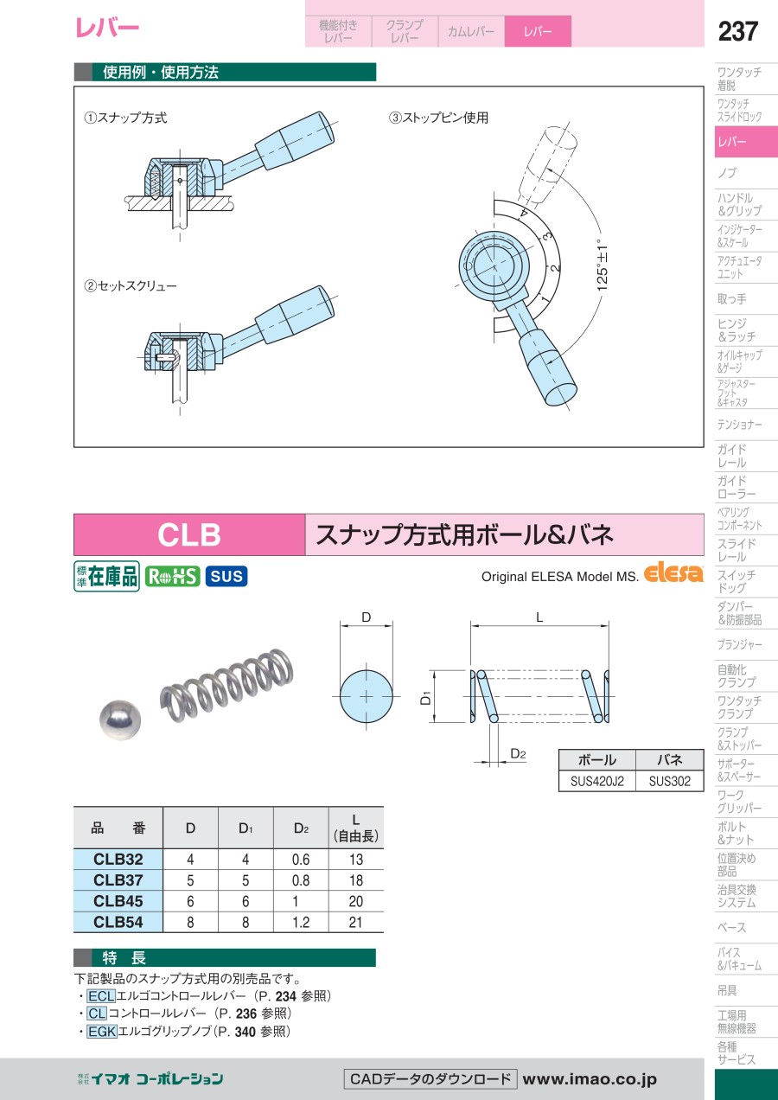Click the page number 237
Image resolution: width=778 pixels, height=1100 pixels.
(x=738, y=31)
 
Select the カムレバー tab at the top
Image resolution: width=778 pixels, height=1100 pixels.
(x=471, y=31)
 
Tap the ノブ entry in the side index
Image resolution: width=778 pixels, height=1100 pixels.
(x=728, y=173)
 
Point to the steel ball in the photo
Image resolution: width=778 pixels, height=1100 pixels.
(x=120, y=720)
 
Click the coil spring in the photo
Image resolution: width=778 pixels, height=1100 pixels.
(x=226, y=687)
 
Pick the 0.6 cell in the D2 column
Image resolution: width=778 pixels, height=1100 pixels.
(x=301, y=859)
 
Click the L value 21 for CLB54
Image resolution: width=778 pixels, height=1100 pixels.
(x=356, y=922)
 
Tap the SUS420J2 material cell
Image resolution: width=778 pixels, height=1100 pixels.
(x=596, y=781)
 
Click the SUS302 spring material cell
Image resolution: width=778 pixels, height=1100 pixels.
(x=670, y=781)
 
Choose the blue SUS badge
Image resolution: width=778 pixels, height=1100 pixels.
(x=226, y=576)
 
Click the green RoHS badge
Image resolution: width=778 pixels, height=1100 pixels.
(x=172, y=576)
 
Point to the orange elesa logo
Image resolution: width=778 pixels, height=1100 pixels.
(x=673, y=572)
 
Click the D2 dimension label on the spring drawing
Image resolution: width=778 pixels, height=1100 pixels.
(x=518, y=754)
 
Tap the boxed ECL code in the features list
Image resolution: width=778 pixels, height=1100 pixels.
(x=101, y=996)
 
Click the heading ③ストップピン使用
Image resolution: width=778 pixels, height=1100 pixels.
(x=438, y=118)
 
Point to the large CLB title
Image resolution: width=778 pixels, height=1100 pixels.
(x=189, y=534)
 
